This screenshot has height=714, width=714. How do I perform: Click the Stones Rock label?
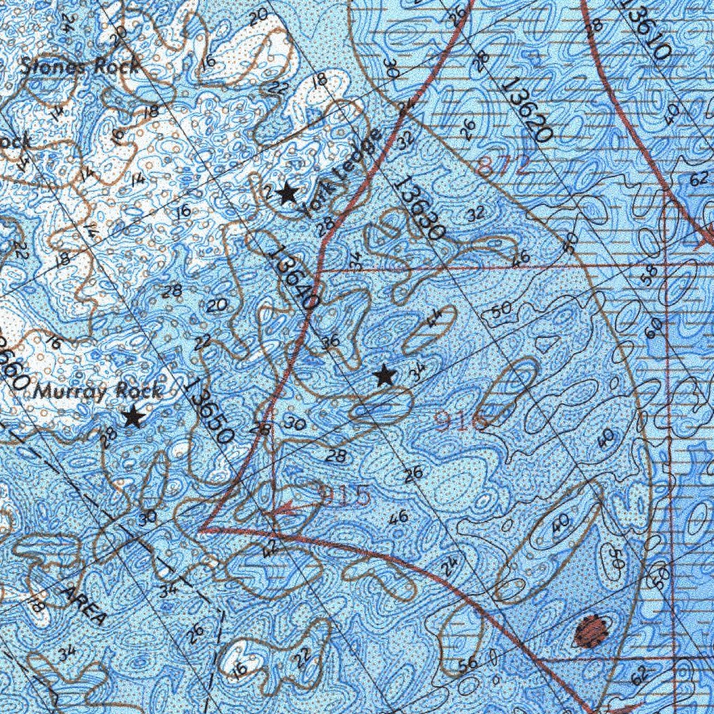79,67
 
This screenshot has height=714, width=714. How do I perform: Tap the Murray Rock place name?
98,392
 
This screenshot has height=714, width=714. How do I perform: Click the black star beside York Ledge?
287,193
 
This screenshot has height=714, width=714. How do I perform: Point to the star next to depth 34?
384,377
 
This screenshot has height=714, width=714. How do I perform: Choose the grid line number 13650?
210,411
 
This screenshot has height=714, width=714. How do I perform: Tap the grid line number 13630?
418,208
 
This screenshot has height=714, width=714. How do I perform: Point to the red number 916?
459,420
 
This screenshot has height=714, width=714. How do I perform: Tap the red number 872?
506,165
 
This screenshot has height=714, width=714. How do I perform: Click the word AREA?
84,605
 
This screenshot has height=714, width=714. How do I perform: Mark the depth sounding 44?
434,320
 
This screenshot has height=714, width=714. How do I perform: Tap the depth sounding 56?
469,663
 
